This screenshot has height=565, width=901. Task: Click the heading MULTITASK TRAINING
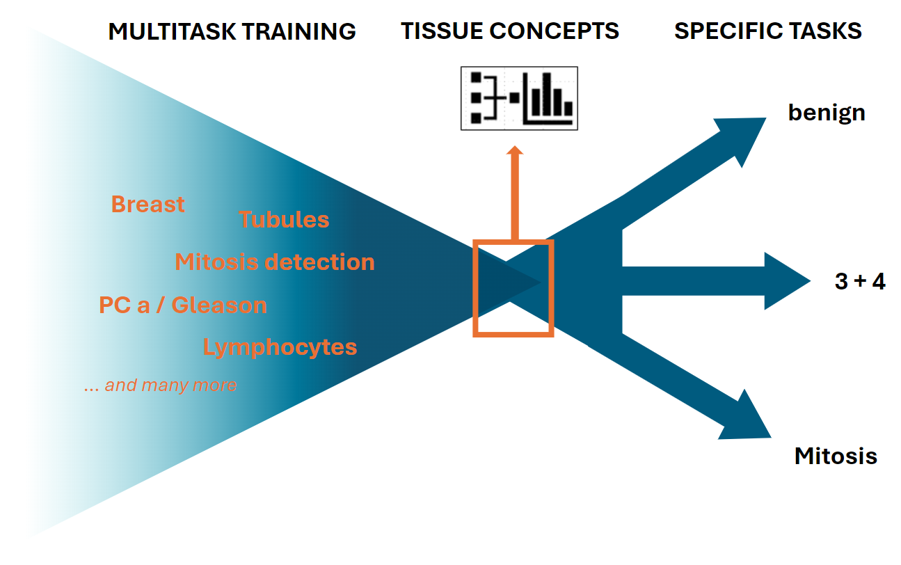coord(232,31)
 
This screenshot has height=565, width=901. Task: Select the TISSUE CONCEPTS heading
coord(509,31)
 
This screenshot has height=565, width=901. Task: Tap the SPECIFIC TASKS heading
coord(768,31)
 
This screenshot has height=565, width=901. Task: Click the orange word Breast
coord(147,204)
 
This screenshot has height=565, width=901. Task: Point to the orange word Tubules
coord(284,220)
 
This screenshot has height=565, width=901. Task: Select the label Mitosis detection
coord(275,262)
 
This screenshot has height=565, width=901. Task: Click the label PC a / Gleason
coord(183,305)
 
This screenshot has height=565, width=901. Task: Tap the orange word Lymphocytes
coord(280,347)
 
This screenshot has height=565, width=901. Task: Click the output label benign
coord(827,112)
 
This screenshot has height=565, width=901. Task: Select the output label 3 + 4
coord(860,281)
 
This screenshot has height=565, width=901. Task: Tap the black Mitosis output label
coord(836,456)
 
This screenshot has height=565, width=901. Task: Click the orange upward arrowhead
coord(515,150)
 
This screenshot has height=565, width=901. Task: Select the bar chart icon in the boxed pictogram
coord(548,99)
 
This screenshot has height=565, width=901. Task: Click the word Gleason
coord(219,305)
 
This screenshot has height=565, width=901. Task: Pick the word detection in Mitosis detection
coord(320,262)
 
